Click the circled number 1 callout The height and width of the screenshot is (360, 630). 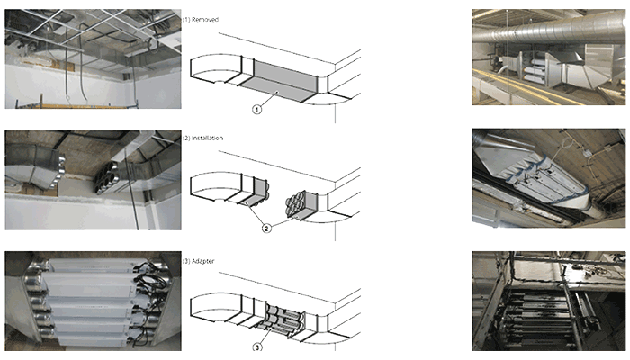pyautogui.click(x=256, y=110)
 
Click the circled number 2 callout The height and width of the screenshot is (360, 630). pyautogui.click(x=265, y=229)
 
